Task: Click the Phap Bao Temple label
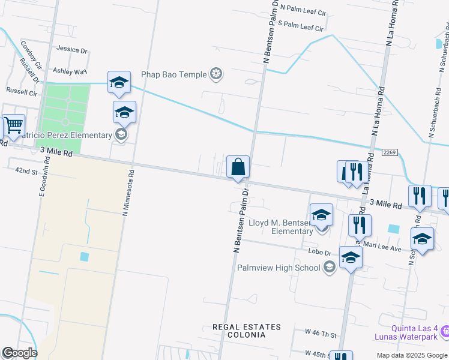click(173, 74)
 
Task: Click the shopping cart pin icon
click(13, 126)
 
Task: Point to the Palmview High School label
click(279, 268)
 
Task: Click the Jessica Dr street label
click(71, 50)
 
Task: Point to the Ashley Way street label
click(70, 71)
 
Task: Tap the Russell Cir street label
click(22, 90)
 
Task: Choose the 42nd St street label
click(26, 171)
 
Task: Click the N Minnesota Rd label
click(127, 192)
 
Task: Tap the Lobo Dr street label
click(320, 253)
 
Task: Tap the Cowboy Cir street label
click(31, 54)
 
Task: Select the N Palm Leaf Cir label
click(306, 10)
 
